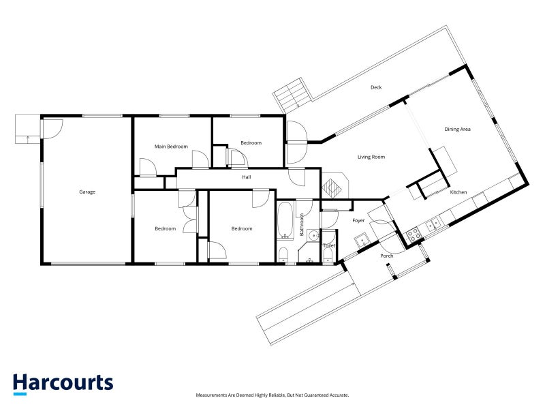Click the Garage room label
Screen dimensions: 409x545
pyautogui.click(x=87, y=192)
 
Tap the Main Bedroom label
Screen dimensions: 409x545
pyautogui.click(x=171, y=147)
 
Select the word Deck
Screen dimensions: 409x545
pyautogui.click(x=376, y=87)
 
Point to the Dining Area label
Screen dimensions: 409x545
pyautogui.click(x=457, y=129)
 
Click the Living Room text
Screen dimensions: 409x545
pyautogui.click(x=371, y=157)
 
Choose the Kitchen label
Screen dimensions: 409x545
pyautogui.click(x=458, y=193)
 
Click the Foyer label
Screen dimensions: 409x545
pyautogui.click(x=358, y=221)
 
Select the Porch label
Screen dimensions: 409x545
pyautogui.click(x=386, y=256)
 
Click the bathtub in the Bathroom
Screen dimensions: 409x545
pyautogui.click(x=285, y=219)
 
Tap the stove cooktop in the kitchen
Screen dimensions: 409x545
pyautogui.click(x=414, y=235)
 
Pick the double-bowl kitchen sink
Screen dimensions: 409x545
pyautogui.click(x=433, y=224)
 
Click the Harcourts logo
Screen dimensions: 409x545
pyautogui.click(x=63, y=383)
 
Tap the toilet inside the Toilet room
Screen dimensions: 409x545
pyautogui.click(x=328, y=256)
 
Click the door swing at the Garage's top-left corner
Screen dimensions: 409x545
pyautogui.click(x=53, y=127)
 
